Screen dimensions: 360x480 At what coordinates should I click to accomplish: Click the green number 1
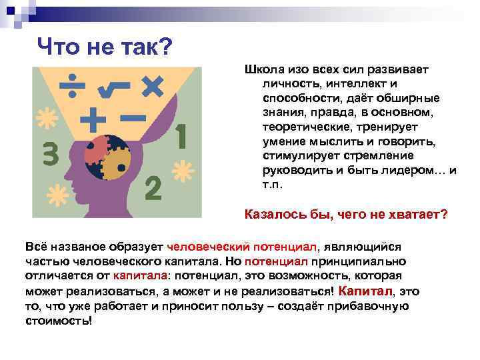[x=181, y=137]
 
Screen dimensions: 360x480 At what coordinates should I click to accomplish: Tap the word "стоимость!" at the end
[x=59, y=320]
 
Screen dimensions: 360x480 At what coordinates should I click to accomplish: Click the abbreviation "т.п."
[x=273, y=185]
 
